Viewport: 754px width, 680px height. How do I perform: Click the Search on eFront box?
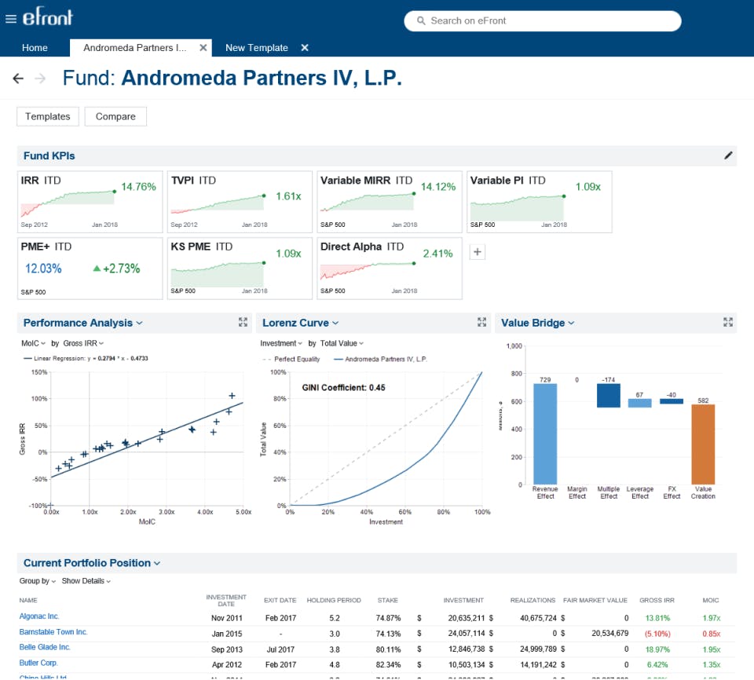point(542,21)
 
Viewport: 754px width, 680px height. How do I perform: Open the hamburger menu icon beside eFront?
point(11,20)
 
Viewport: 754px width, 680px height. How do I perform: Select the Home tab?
point(35,48)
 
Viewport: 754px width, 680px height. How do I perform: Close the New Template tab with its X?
point(305,48)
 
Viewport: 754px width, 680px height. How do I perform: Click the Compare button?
point(115,116)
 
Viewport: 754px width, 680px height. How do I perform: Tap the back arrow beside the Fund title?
point(18,79)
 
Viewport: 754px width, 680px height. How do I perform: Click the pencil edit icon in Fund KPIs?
point(728,155)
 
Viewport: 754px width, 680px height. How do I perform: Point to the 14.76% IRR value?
point(138,187)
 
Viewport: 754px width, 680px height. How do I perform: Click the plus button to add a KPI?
point(477,251)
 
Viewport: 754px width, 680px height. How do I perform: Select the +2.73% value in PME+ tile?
point(116,269)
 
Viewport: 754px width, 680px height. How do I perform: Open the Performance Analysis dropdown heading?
point(82,323)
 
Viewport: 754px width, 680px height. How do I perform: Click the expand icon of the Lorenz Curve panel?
point(481,322)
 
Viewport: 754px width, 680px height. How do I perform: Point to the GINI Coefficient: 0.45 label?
point(343,388)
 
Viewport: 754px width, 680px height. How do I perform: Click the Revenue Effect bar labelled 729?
point(545,433)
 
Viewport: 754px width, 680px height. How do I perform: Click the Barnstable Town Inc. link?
point(53,632)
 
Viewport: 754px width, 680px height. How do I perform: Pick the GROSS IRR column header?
point(656,601)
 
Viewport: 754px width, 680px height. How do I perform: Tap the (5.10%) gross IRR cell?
point(657,633)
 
